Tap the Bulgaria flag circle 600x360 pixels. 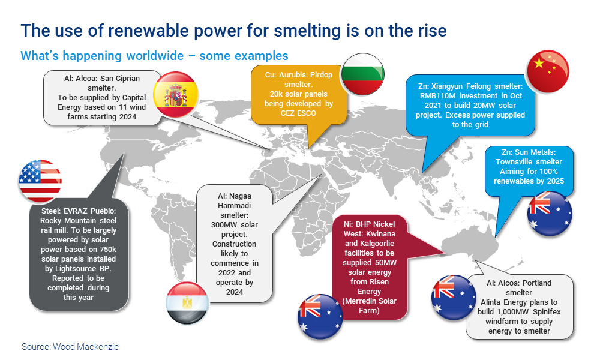(362, 74)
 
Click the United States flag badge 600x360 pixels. (40, 181)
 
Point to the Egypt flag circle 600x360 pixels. (187, 303)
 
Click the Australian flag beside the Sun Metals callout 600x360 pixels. (550, 214)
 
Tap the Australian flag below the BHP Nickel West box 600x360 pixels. (320, 316)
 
